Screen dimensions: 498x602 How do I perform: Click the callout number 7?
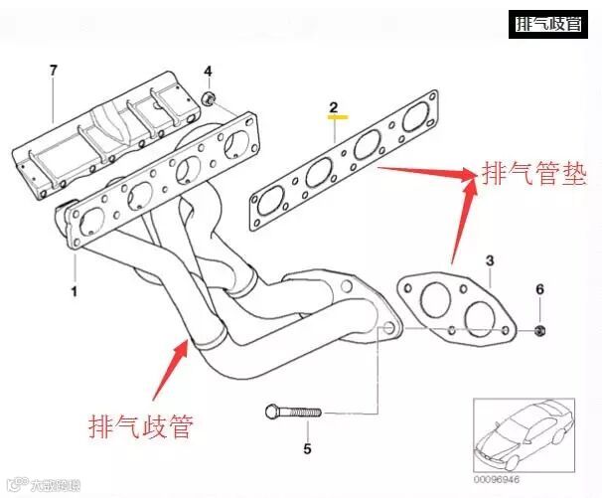(54, 70)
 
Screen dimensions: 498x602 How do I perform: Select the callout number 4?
(209, 72)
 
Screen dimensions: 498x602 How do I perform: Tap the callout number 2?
(335, 106)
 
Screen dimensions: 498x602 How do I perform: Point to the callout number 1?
(73, 292)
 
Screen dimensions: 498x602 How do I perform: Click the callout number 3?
(490, 260)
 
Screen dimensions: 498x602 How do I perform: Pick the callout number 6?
(539, 289)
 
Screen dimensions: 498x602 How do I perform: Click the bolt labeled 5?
(292, 412)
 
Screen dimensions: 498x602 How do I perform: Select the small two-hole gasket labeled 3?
(456, 304)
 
